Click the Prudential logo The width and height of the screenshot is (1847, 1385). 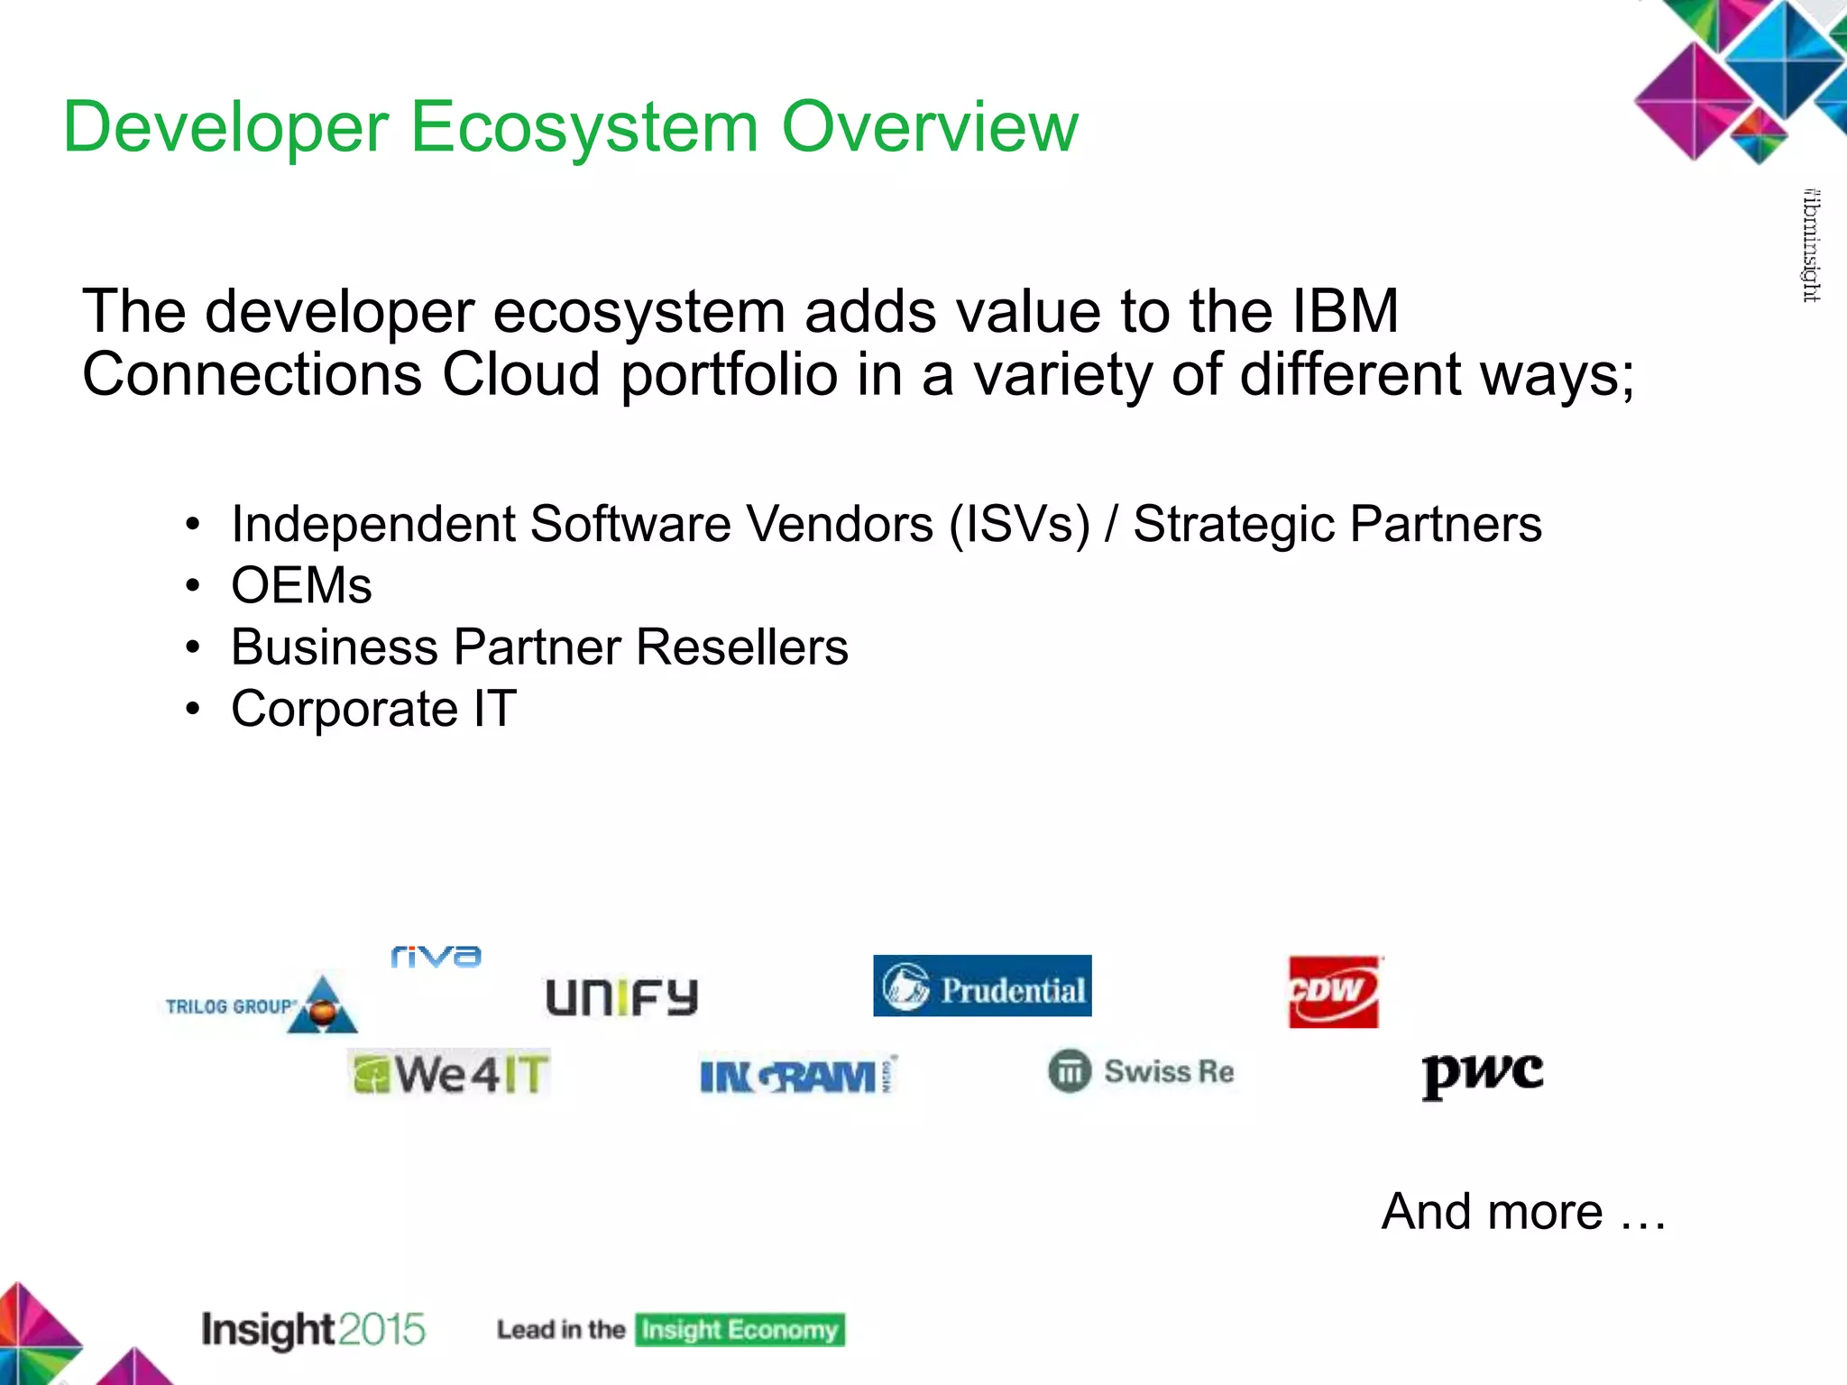(x=982, y=986)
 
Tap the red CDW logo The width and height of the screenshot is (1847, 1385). (x=1334, y=992)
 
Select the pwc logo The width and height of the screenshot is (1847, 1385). (x=1482, y=1074)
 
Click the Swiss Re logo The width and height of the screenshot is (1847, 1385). (x=1142, y=1072)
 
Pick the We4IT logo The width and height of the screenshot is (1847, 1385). (x=449, y=1074)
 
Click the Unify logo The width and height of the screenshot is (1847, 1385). (x=622, y=997)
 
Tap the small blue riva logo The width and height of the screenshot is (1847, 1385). (x=436, y=956)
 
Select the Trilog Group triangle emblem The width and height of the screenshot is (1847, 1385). (x=323, y=1004)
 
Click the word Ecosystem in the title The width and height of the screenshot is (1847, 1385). (x=584, y=127)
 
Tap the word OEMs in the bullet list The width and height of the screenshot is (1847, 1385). (x=301, y=585)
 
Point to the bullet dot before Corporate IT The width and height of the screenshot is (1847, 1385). (x=192, y=710)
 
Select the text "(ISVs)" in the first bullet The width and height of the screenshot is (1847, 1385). (x=1019, y=524)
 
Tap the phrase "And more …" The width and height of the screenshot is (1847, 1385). (x=1523, y=1211)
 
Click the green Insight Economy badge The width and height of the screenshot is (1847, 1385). (x=740, y=1330)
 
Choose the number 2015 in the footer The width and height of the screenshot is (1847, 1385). (x=382, y=1330)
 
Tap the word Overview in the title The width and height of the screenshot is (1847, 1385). (x=929, y=127)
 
